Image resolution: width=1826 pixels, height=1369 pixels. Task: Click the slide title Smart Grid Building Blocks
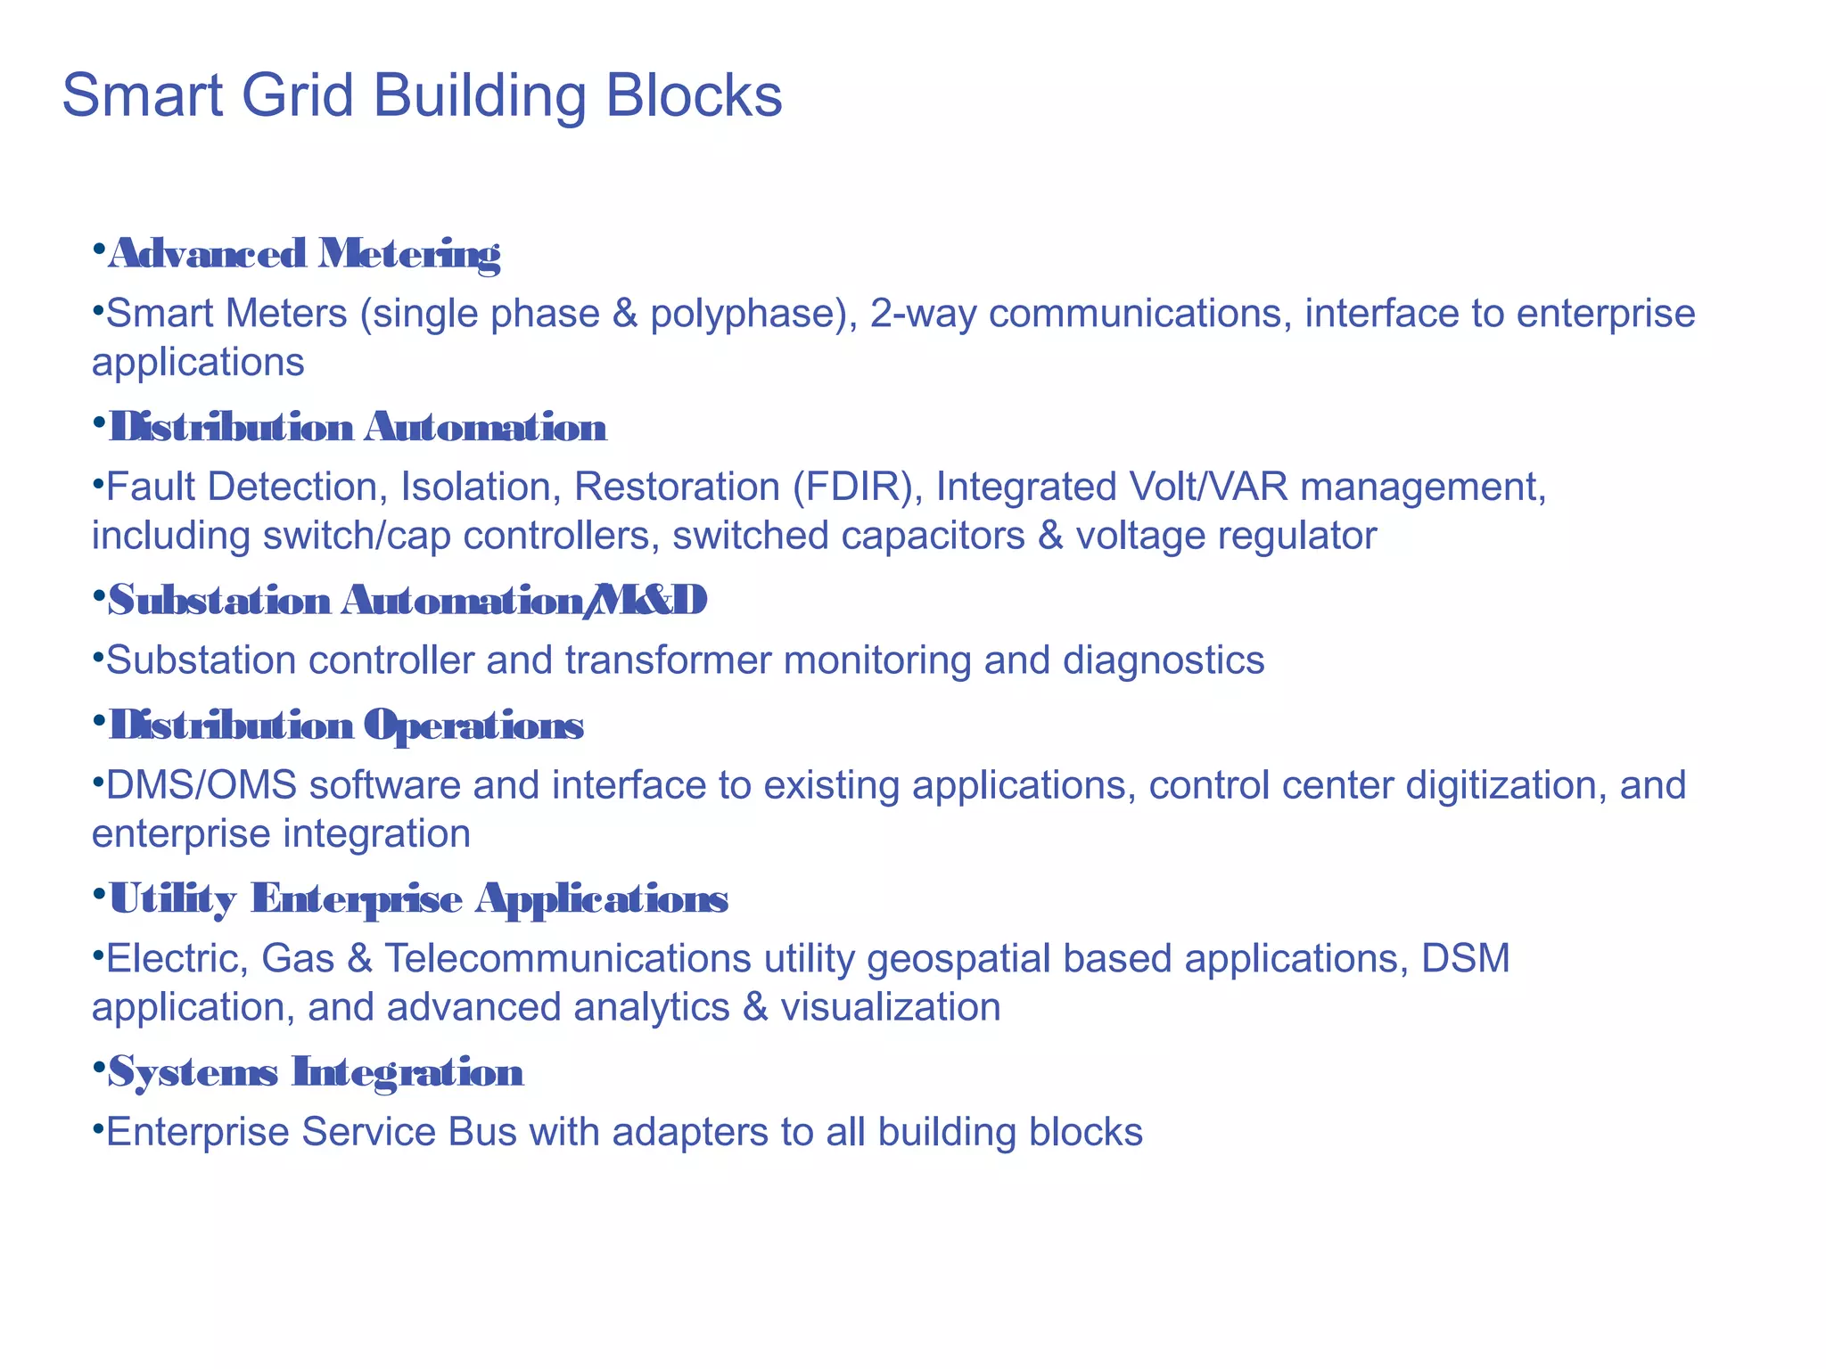[x=422, y=95]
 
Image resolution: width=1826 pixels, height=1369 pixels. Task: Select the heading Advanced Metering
[x=304, y=254]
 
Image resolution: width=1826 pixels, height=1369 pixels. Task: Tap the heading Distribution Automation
[x=358, y=428]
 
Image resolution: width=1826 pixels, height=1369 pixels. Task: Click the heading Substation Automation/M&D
[x=407, y=601]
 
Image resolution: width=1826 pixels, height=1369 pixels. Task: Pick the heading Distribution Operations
[x=346, y=725]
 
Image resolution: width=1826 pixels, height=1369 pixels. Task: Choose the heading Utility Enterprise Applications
[x=418, y=898]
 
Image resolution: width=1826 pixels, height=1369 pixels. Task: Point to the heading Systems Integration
[x=316, y=1071]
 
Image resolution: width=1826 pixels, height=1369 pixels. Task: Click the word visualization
[x=890, y=1007]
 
